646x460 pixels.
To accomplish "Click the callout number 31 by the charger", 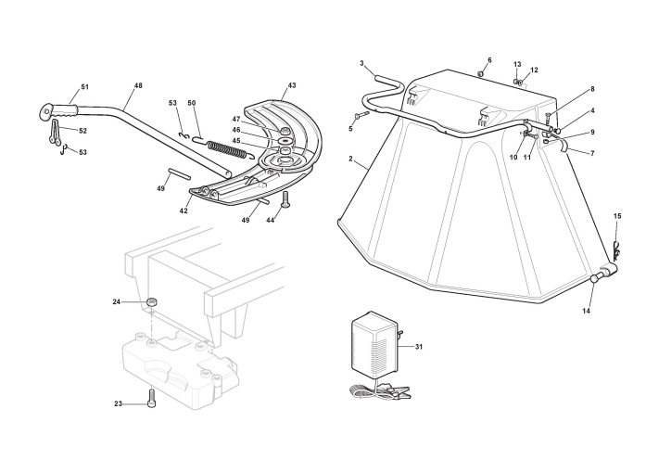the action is tap(419, 347).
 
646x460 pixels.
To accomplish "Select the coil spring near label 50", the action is tap(227, 149).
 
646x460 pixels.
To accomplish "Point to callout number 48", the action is tap(138, 85).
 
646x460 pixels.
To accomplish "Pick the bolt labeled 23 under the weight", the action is tap(152, 400).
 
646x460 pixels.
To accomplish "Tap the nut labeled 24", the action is tap(151, 302).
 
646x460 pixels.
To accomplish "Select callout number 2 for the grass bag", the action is tap(350, 159).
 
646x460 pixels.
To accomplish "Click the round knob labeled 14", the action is tap(594, 278).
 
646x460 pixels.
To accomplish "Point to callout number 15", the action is tap(617, 216).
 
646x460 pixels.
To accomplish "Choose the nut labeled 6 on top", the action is tap(480, 74).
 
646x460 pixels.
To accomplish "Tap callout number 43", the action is tap(292, 85).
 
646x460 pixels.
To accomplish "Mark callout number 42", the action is tap(184, 211).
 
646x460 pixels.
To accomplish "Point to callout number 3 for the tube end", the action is tap(361, 63).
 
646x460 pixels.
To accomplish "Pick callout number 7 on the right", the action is tap(592, 154).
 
